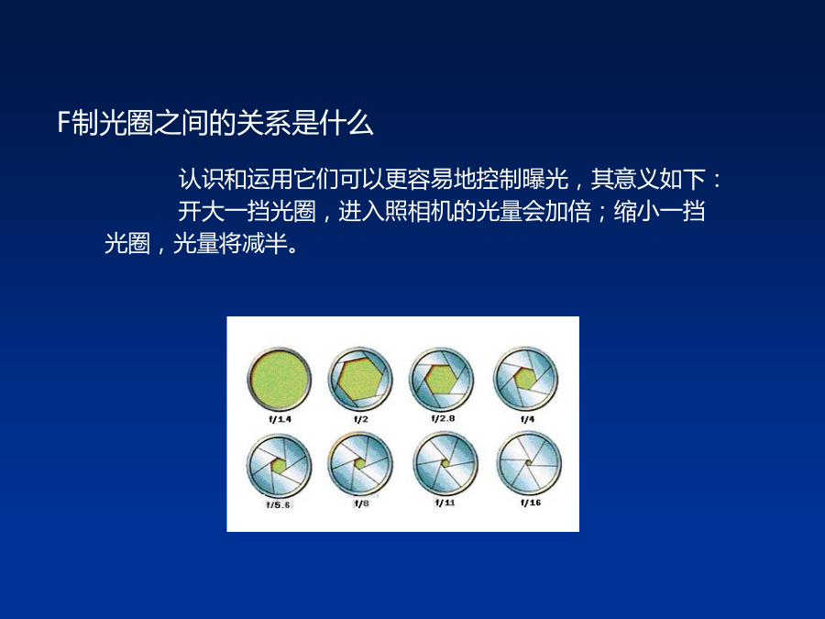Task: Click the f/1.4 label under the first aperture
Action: click(280, 419)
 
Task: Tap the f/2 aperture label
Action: click(361, 419)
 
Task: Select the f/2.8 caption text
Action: click(443, 418)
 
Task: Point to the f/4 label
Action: click(527, 419)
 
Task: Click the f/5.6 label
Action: click(279, 504)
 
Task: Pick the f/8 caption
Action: click(361, 503)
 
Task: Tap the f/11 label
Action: click(445, 503)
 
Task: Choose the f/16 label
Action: click(531, 503)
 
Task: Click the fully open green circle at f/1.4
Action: click(280, 380)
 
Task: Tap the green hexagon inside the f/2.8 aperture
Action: click(441, 380)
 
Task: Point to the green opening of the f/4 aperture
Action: click(524, 379)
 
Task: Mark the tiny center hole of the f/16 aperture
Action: click(529, 463)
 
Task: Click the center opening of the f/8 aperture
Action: click(360, 464)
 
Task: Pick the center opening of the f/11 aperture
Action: click(445, 463)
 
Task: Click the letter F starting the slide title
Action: click(63, 123)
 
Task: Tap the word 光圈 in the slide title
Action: click(126, 123)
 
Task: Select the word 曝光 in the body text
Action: click(545, 179)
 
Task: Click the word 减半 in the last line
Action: click(265, 243)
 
